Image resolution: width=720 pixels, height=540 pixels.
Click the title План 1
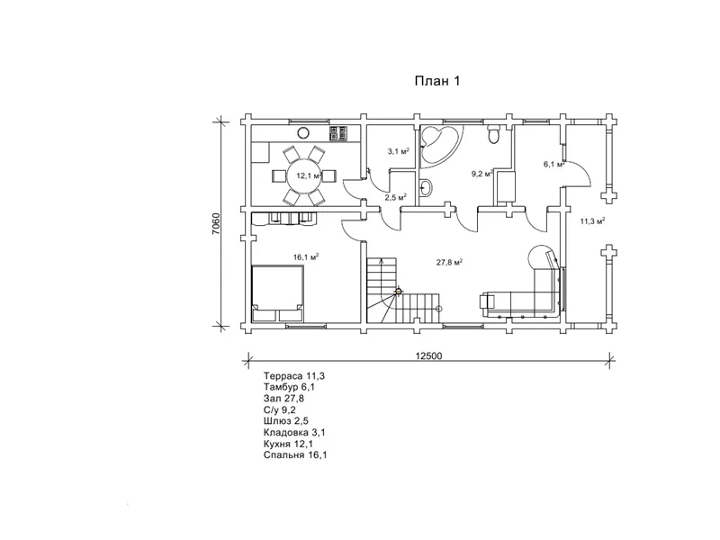[x=437, y=81]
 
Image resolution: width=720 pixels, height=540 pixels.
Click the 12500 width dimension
[x=428, y=355]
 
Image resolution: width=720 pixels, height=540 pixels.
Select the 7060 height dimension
[x=216, y=223]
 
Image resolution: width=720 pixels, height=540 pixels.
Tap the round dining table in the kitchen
[x=303, y=175]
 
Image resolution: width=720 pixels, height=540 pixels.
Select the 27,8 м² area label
[x=449, y=262]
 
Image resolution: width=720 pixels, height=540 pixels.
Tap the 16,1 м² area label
[x=306, y=256]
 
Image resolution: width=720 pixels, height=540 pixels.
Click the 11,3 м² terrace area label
[x=592, y=220]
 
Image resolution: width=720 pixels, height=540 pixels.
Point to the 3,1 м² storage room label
[x=398, y=151]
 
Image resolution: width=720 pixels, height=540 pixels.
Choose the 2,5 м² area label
[x=396, y=197]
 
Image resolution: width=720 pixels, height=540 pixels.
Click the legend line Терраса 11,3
[x=294, y=376]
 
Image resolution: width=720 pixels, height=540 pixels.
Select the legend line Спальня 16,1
[x=295, y=455]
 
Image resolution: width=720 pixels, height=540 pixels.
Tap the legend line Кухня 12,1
[x=288, y=444]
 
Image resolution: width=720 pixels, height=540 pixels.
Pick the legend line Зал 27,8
[x=283, y=399]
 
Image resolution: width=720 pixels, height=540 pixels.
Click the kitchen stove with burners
[x=339, y=133]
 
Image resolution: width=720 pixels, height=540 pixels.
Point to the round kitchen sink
[x=303, y=133]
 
